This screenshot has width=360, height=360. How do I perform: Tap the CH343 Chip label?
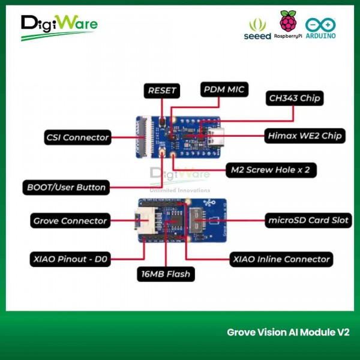(295, 98)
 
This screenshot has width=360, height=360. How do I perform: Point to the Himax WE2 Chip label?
(305, 136)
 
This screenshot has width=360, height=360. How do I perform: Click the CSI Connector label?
(78, 137)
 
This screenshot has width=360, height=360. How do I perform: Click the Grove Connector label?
(70, 221)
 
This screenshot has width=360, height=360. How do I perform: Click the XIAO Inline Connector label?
(281, 259)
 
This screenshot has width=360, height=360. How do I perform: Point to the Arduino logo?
(320, 28)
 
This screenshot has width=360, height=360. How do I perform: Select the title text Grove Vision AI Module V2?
(288, 332)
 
